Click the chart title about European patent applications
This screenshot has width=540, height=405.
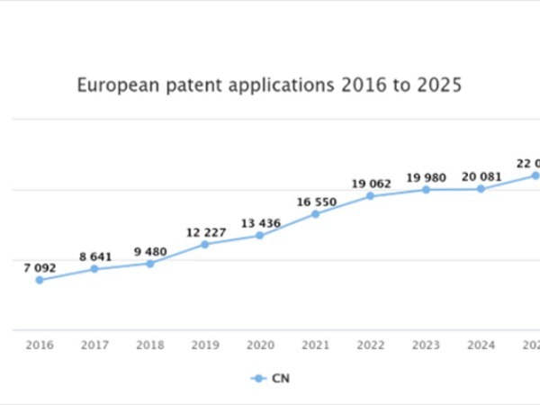(x=269, y=86)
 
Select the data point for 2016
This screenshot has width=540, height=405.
(x=39, y=280)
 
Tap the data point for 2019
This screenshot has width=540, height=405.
(x=204, y=244)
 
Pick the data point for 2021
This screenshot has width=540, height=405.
(x=315, y=214)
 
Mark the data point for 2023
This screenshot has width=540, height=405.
(x=426, y=189)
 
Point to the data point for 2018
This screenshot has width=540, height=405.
(x=149, y=263)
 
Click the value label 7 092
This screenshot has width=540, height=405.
(x=40, y=266)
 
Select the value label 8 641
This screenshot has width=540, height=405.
(x=94, y=256)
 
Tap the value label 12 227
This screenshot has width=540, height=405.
(x=205, y=231)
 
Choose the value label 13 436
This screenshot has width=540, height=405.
(x=260, y=222)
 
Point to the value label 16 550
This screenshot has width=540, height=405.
(x=316, y=202)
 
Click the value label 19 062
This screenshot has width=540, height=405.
(x=371, y=184)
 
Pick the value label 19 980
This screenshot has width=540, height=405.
(x=427, y=176)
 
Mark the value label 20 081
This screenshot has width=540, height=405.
(x=481, y=176)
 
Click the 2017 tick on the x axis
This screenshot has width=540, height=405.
(x=94, y=345)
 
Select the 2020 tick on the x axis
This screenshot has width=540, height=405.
(x=260, y=345)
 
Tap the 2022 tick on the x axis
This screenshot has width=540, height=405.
(x=371, y=345)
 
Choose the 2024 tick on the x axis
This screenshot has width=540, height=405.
(x=481, y=345)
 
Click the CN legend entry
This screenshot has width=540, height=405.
(x=271, y=379)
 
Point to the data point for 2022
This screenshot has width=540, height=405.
(x=371, y=195)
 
